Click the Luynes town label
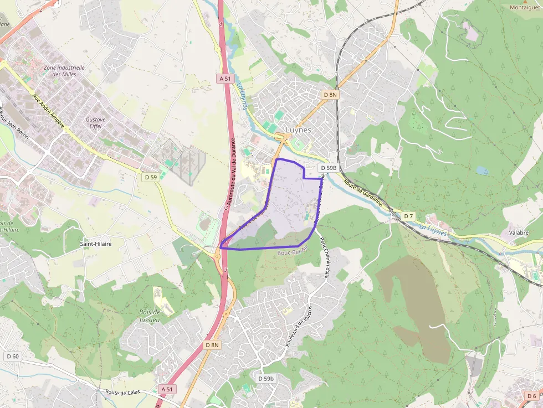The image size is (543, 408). click(x=298, y=130)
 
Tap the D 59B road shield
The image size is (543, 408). click(x=328, y=167)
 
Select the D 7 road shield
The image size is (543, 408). click(x=408, y=215)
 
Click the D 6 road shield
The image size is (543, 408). click(x=531, y=395)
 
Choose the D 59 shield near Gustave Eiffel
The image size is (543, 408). click(x=150, y=177)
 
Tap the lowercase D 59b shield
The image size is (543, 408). click(x=266, y=379)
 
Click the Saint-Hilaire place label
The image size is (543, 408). click(x=96, y=244)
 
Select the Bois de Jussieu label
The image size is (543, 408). click(x=149, y=316)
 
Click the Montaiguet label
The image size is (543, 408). click(x=525, y=7)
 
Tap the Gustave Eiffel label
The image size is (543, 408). click(x=95, y=122)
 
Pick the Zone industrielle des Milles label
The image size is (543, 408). click(x=64, y=71)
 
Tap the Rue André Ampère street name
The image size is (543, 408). click(x=48, y=111)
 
